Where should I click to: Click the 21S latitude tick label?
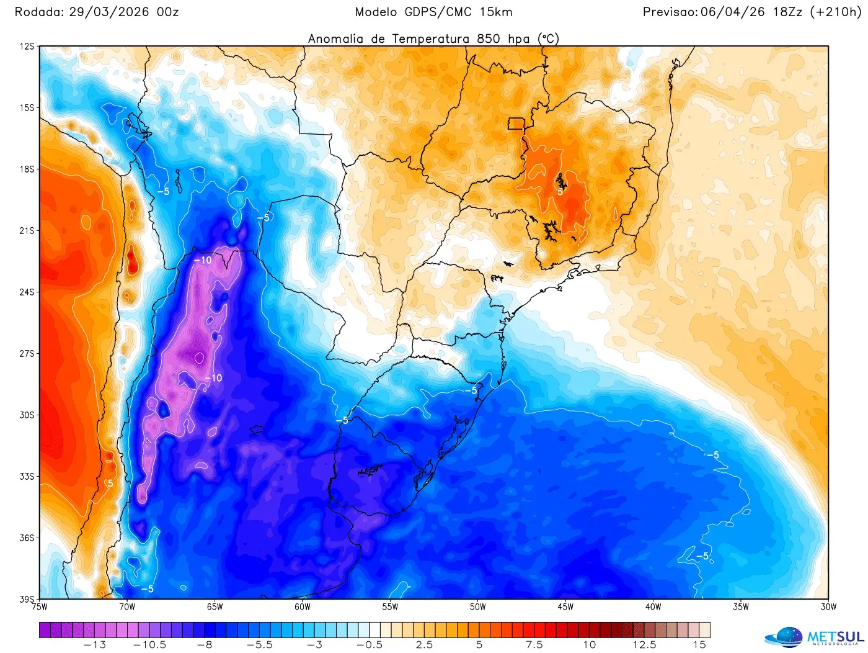[27, 231]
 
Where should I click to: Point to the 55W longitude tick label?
[390, 607]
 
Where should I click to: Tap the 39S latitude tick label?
[27, 600]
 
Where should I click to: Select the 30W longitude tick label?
[828, 607]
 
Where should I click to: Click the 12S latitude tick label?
[27, 47]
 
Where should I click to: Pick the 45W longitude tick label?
[565, 607]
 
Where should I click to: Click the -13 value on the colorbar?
[95, 645]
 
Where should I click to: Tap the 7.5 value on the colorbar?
[534, 645]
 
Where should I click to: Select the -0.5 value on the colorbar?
[369, 645]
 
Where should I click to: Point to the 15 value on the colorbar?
[699, 645]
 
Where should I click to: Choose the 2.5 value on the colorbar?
[424, 645]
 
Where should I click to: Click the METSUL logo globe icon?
[784, 637]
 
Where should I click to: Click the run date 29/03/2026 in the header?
[109, 12]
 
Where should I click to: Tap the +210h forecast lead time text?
[835, 12]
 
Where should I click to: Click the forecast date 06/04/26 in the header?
[732, 12]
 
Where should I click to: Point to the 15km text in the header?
[496, 12]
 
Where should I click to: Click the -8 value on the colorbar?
[205, 645]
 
